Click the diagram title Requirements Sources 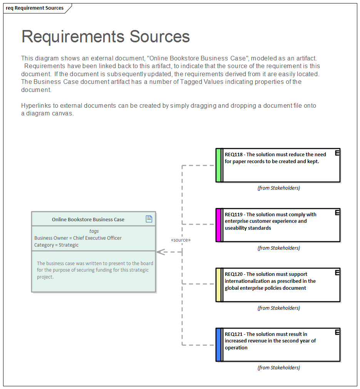pyautogui.click(x=105, y=37)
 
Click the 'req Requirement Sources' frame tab pyautogui.click(x=35, y=8)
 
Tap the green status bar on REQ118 pyautogui.click(x=218, y=165)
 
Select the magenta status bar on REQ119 pyautogui.click(x=218, y=225)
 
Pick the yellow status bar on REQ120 pyautogui.click(x=218, y=285)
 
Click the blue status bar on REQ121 pyautogui.click(x=218, y=345)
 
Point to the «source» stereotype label pyautogui.click(x=181, y=240)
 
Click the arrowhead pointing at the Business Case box pyautogui.click(x=161, y=252)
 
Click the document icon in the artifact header pyautogui.click(x=149, y=219)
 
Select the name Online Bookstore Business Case pyautogui.click(x=88, y=220)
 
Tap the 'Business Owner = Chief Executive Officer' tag pyautogui.click(x=78, y=238)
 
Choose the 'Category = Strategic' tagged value pyautogui.click(x=56, y=245)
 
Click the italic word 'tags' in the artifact pyautogui.click(x=94, y=231)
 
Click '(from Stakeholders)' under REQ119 pyautogui.click(x=278, y=248)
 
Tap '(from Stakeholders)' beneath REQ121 pyautogui.click(x=278, y=368)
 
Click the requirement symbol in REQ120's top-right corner pyautogui.click(x=337, y=272)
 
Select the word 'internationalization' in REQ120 pyautogui.click(x=247, y=281)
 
